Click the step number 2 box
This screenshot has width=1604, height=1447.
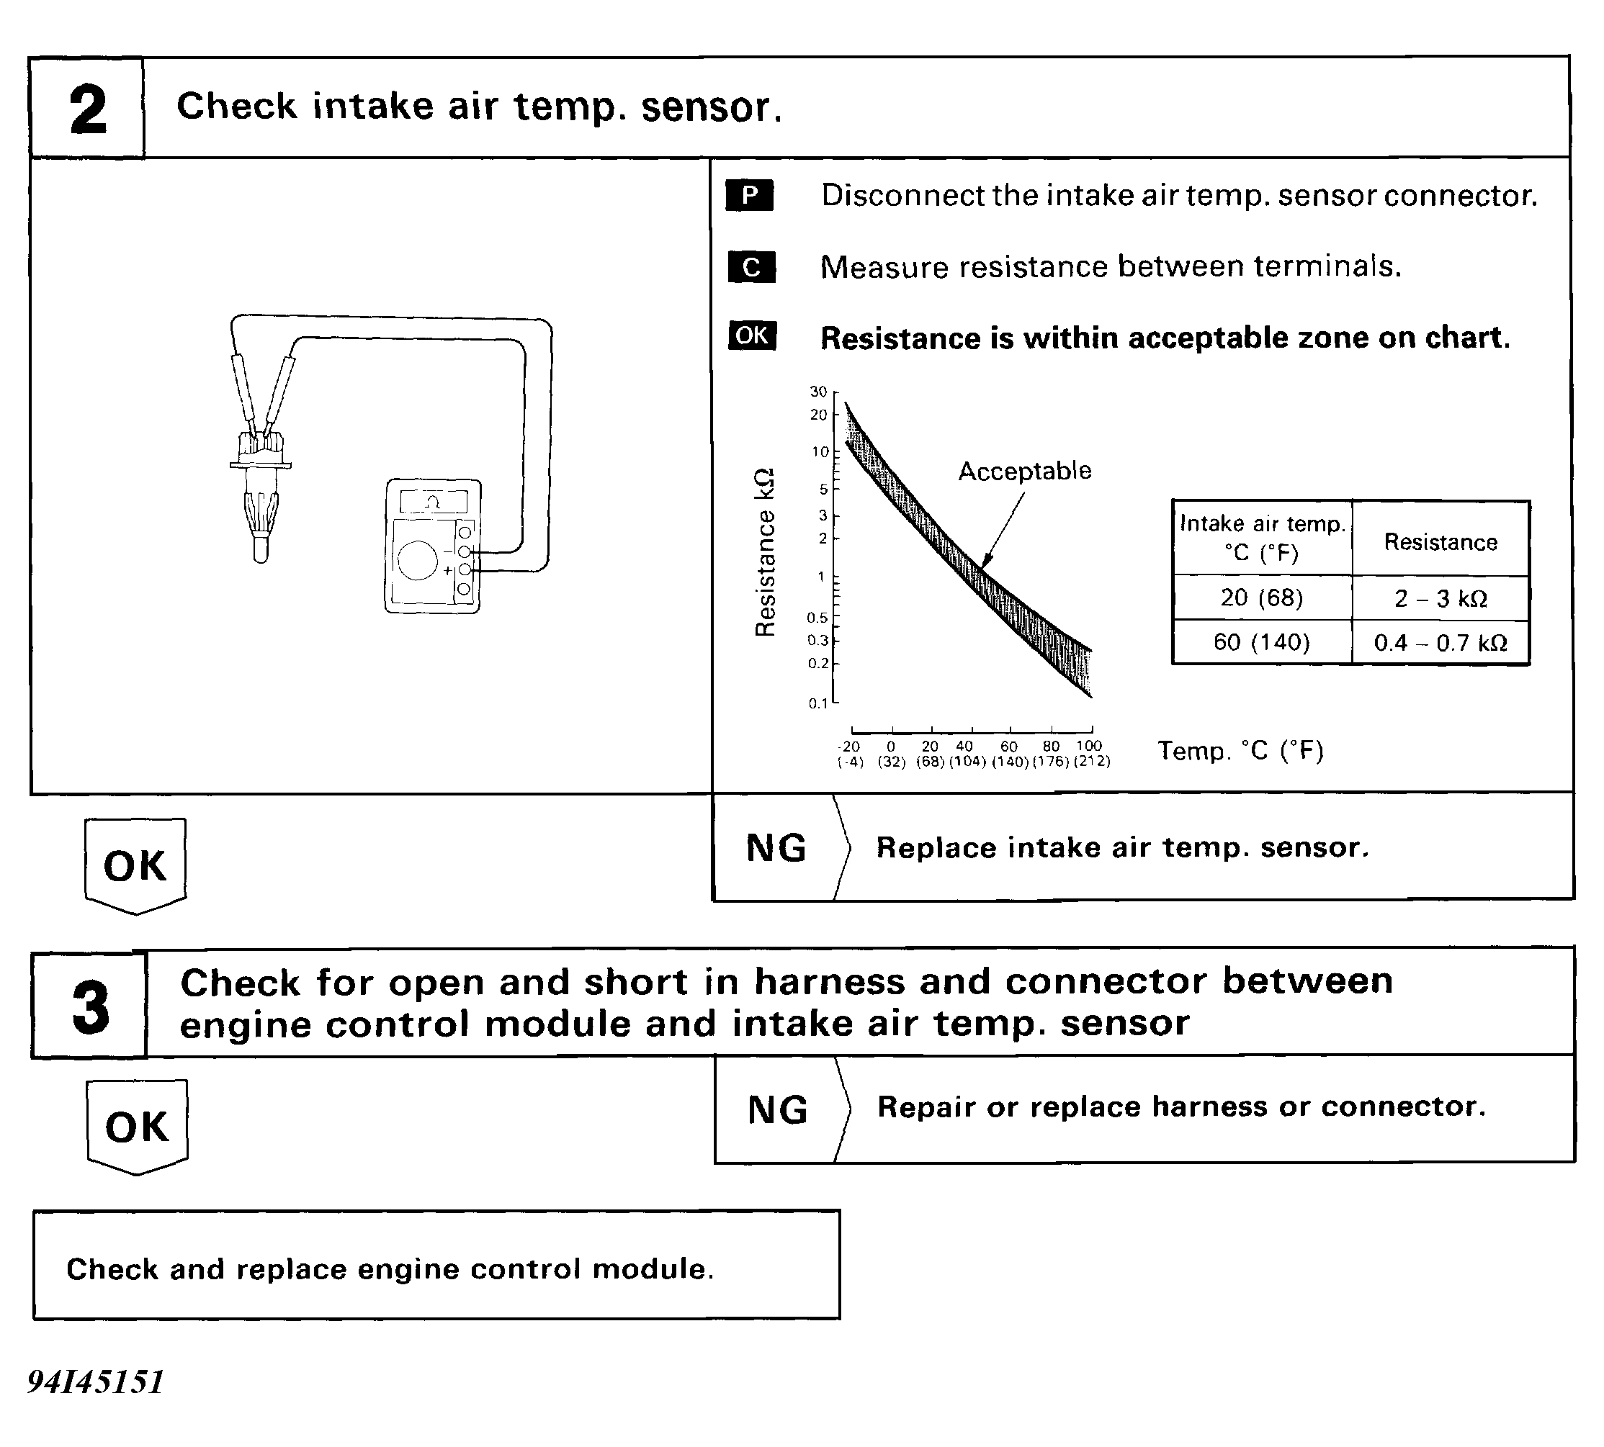87,109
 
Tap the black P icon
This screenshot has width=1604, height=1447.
749,196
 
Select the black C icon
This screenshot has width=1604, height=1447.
751,267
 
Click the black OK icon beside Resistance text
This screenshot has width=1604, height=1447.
751,335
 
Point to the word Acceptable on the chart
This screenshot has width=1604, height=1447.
1024,471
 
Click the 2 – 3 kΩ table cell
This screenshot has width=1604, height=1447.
1441,599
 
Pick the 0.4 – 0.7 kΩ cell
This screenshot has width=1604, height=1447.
1441,642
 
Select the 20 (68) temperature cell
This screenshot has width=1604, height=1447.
1261,598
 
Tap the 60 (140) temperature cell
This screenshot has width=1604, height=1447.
1261,641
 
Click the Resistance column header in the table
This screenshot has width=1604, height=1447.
1441,542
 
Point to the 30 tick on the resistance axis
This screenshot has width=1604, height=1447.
818,391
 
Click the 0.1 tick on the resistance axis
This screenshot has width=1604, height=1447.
818,703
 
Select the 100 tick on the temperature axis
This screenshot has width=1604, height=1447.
1089,746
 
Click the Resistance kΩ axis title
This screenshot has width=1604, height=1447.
764,553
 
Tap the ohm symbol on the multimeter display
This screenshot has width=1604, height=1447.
432,502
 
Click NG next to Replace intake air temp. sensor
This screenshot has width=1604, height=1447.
776,847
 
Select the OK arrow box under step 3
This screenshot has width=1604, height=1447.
137,1127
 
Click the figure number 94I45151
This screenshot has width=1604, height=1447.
95,1381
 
